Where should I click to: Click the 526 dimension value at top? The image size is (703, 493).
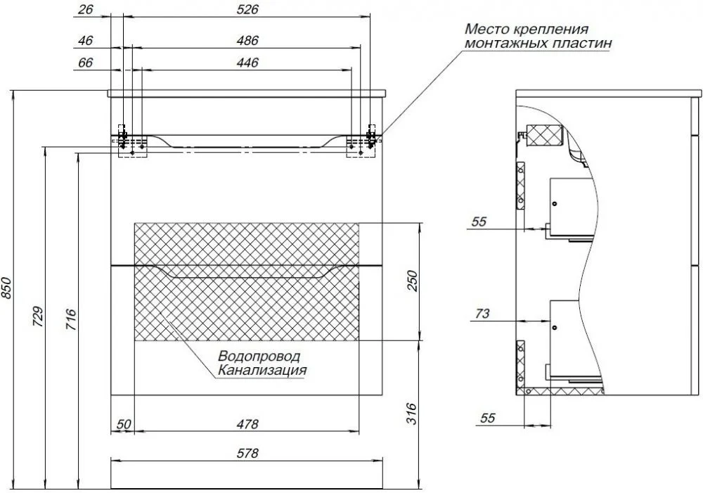[248, 10]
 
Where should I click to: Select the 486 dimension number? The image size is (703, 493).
[248, 41]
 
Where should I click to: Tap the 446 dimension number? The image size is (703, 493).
[248, 63]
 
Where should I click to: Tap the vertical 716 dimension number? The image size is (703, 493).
[70, 321]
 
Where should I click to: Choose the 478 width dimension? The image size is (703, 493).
[247, 424]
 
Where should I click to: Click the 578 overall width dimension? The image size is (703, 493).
[247, 454]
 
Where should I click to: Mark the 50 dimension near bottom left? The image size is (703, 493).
[123, 424]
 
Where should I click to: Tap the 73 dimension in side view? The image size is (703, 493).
[482, 314]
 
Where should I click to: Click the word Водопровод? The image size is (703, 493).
[259, 357]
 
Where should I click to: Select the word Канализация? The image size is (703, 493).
[262, 370]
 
